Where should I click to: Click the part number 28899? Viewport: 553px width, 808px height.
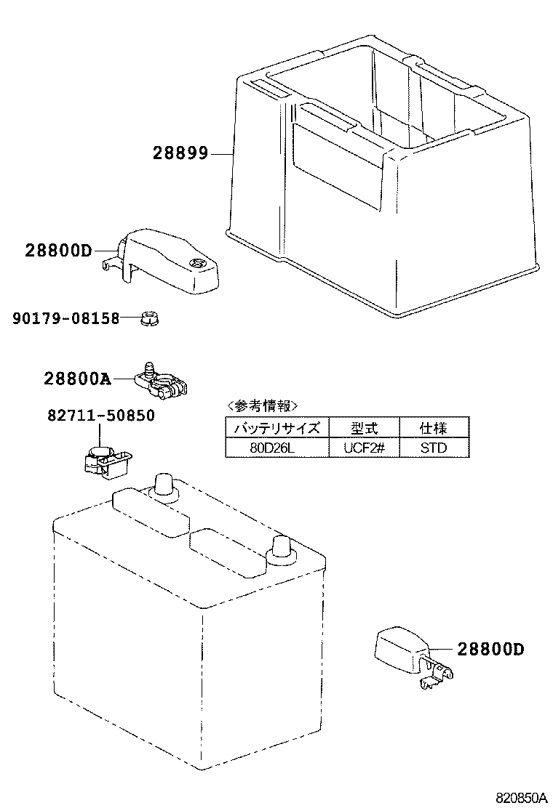coord(180,153)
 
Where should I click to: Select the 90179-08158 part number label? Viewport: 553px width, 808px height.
coord(65,318)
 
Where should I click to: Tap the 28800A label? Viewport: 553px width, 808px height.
coord(76,379)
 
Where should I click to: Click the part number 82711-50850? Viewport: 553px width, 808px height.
coord(101,416)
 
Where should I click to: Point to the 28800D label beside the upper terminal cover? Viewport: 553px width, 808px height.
coord(59,251)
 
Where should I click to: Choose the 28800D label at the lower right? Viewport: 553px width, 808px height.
coord(491,649)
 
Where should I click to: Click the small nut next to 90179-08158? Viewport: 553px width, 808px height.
coord(150,318)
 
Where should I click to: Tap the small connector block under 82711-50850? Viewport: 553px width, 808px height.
coord(105,461)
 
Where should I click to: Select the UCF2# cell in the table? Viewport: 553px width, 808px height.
coord(363,447)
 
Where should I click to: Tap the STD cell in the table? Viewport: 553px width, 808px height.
coord(434,447)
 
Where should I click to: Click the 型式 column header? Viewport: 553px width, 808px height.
coord(363,427)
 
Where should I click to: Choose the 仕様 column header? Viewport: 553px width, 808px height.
coord(434,427)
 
